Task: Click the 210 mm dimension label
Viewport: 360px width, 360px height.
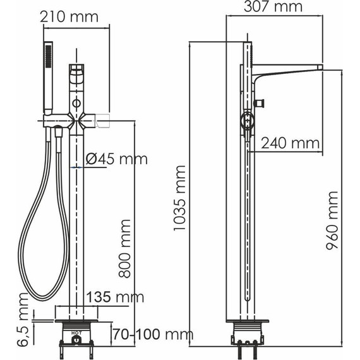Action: pyautogui.click(x=69, y=16)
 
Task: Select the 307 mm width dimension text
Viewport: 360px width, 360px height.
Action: pyautogui.click(x=273, y=7)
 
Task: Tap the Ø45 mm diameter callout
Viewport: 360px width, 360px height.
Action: pyautogui.click(x=116, y=160)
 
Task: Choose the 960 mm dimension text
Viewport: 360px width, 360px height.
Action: pyautogui.click(x=333, y=220)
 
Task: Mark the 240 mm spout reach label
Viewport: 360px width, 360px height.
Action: pyautogui.click(x=290, y=143)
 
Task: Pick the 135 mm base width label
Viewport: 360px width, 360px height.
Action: pyautogui.click(x=115, y=297)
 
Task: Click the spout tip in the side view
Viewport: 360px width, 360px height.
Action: pyautogui.click(x=319, y=68)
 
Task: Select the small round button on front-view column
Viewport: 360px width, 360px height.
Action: pyautogui.click(x=76, y=102)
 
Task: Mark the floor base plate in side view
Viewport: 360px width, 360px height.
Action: pyautogui.click(x=247, y=321)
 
